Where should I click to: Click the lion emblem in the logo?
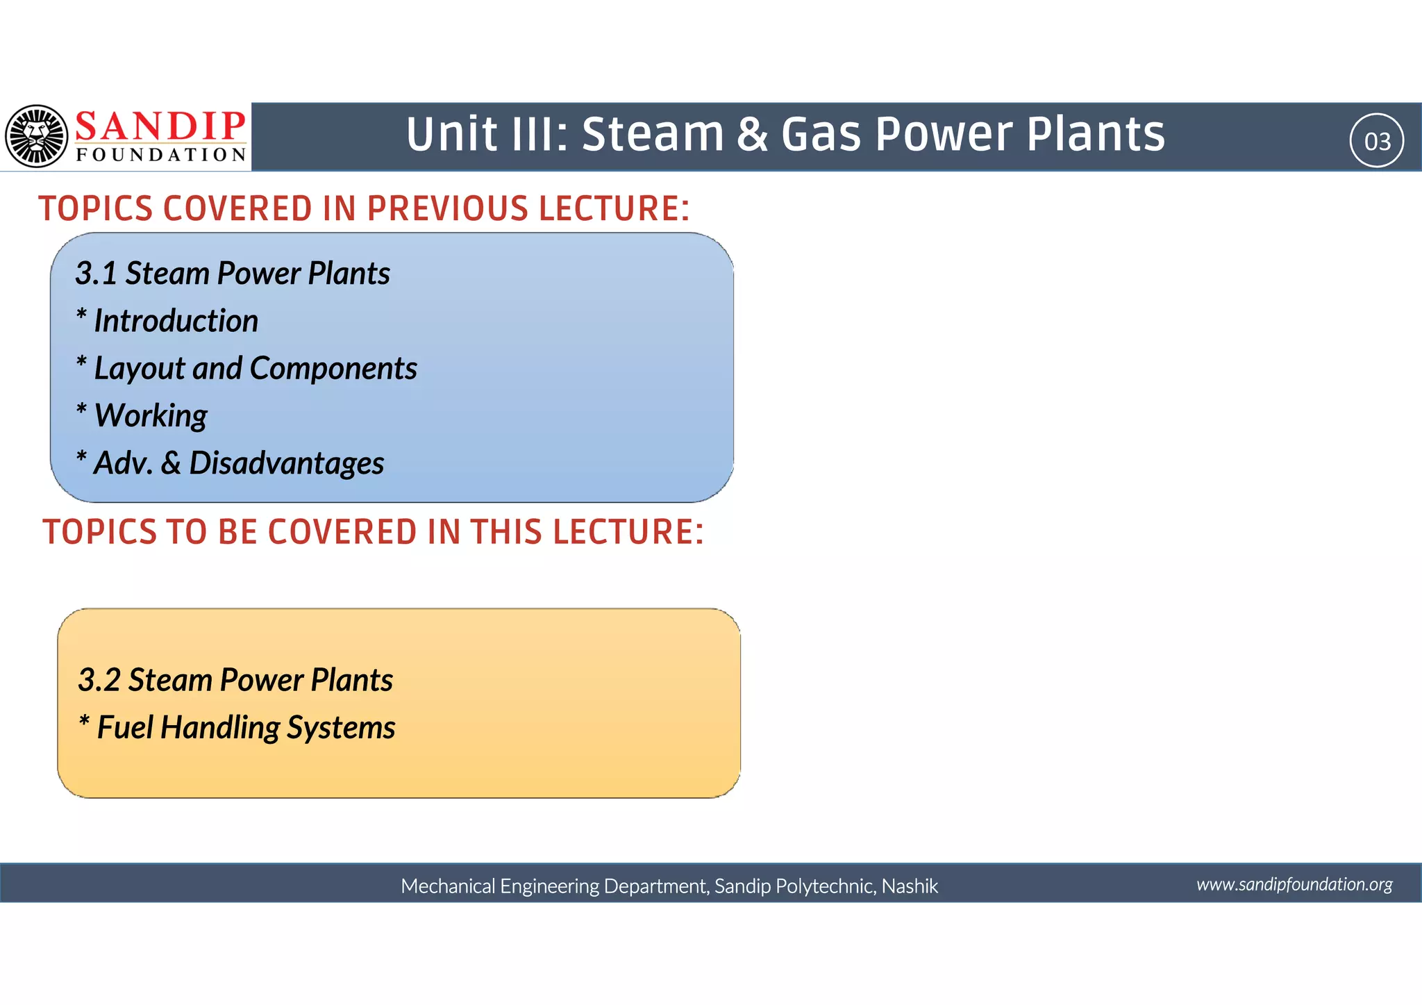point(36,136)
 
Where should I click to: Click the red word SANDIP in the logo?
point(160,126)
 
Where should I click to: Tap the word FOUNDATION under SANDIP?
point(161,154)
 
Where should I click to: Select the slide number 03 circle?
point(1377,141)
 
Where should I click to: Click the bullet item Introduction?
point(176,321)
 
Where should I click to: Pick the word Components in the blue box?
point(333,368)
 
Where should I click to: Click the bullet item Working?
point(151,415)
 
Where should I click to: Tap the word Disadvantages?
point(286,463)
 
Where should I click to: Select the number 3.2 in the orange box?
point(99,680)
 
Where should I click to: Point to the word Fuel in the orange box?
point(125,728)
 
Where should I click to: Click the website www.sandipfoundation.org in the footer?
point(1294,884)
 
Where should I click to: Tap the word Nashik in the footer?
point(910,886)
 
